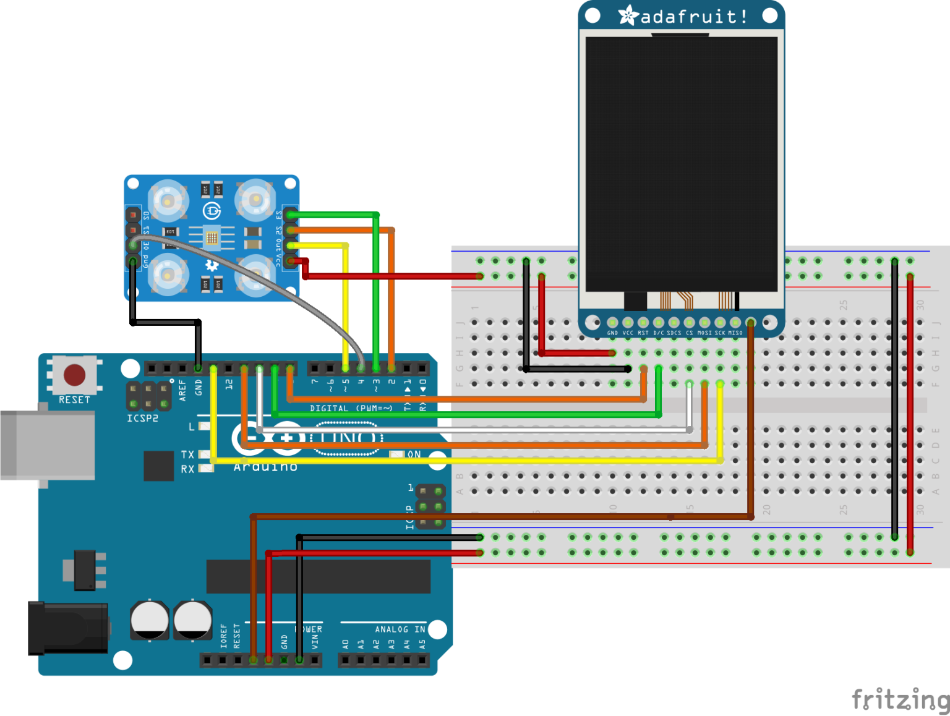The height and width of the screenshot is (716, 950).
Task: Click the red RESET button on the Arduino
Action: pyautogui.click(x=74, y=375)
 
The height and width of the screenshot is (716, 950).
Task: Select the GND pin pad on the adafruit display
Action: pyautogui.click(x=612, y=323)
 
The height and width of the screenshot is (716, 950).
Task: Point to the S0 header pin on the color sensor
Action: pyautogui.click(x=133, y=215)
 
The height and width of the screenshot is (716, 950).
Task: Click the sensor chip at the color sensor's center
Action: pyautogui.click(x=212, y=237)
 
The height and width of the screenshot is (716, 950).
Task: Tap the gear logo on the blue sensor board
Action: pyautogui.click(x=212, y=265)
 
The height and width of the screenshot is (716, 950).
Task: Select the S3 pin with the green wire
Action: pyautogui.click(x=290, y=215)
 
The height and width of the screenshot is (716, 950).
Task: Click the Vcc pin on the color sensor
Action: pyautogui.click(x=290, y=261)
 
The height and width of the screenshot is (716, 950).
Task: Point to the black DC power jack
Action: pyautogui.click(x=67, y=628)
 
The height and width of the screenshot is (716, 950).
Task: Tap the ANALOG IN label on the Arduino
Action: pyautogui.click(x=400, y=629)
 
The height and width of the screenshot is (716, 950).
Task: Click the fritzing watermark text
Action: pyautogui.click(x=900, y=700)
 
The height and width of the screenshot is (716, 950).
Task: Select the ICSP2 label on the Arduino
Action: pyautogui.click(x=142, y=419)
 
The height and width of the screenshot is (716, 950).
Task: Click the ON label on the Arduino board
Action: pyautogui.click(x=414, y=454)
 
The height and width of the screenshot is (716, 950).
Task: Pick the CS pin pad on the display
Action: pyautogui.click(x=689, y=323)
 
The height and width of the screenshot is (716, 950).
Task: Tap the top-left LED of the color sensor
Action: pyautogui.click(x=168, y=200)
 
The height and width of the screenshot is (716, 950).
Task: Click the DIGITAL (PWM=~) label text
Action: pyautogui.click(x=351, y=409)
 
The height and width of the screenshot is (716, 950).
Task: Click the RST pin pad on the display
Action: pyautogui.click(x=643, y=323)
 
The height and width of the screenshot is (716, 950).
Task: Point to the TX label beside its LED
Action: pyautogui.click(x=187, y=454)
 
